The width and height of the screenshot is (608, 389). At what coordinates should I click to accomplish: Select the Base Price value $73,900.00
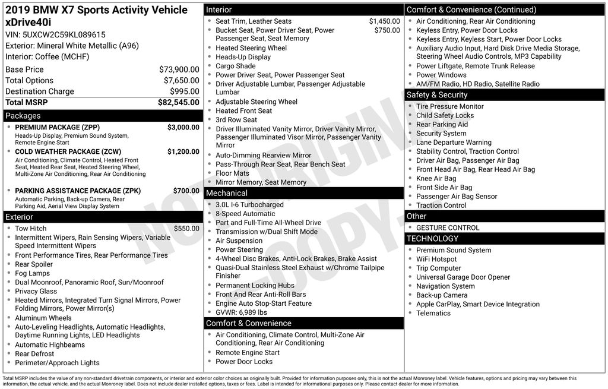click(x=179, y=69)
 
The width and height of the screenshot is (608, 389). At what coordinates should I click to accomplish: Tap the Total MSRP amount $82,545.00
click(x=178, y=102)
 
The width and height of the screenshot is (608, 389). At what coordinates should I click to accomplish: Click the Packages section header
click(x=23, y=116)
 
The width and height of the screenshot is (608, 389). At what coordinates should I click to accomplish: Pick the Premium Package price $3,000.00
click(x=183, y=127)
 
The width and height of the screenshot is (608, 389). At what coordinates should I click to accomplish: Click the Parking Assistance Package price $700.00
click(x=186, y=191)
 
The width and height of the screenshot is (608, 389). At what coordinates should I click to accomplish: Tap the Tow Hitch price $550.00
click(x=186, y=229)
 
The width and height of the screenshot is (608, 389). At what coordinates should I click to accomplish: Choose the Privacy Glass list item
click(x=36, y=292)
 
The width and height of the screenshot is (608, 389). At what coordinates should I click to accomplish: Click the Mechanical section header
click(x=227, y=193)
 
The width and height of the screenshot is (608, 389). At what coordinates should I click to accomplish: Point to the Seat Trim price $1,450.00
click(x=384, y=21)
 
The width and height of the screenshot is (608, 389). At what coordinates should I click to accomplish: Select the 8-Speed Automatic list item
click(x=245, y=214)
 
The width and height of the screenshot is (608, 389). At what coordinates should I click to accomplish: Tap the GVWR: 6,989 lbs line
click(x=241, y=312)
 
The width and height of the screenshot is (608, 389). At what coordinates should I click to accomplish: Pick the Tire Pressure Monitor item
click(x=450, y=106)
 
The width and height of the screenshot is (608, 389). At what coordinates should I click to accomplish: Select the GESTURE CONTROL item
click(x=448, y=227)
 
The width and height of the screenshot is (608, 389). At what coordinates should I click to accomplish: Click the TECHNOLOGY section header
click(x=432, y=239)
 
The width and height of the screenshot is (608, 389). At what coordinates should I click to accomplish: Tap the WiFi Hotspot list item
click(x=436, y=260)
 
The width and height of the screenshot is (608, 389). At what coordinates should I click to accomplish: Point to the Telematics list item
click(x=433, y=313)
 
